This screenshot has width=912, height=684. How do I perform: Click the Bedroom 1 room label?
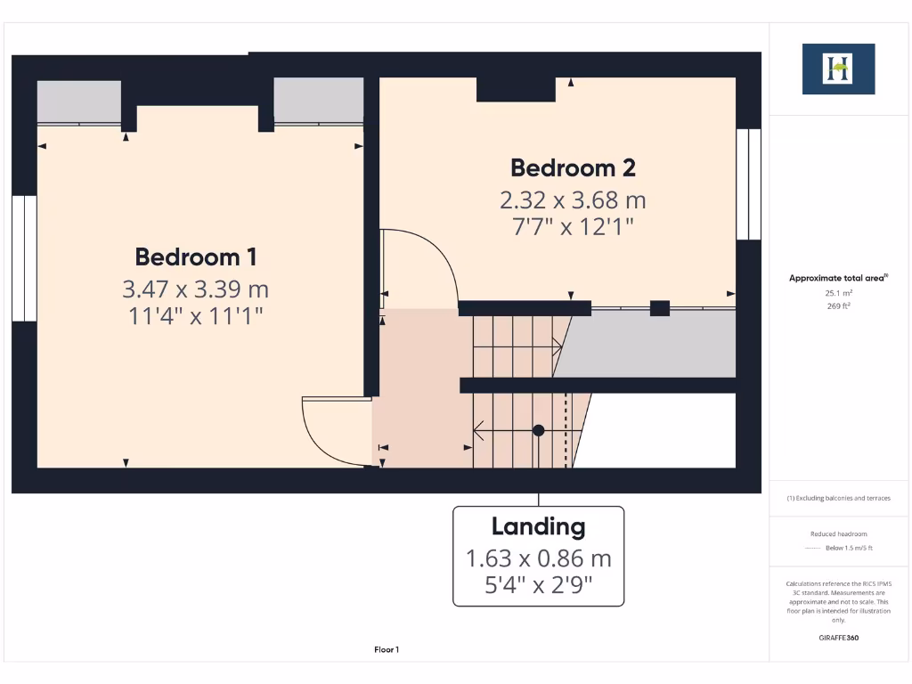196,256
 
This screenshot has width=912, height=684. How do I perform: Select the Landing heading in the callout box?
538,526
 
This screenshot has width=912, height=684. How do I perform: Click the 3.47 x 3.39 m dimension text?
196,289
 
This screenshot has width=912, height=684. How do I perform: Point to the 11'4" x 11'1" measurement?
196,315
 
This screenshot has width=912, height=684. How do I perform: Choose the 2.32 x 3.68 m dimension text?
573,199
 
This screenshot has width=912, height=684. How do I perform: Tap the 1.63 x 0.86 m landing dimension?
538,558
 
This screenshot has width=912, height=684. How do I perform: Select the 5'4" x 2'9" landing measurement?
538,585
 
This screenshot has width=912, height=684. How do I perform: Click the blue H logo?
838,69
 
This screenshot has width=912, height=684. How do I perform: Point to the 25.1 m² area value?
838,292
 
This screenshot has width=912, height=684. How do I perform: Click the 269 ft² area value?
838,305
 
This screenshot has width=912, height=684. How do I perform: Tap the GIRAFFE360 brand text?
838,638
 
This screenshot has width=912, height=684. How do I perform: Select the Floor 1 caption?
387,650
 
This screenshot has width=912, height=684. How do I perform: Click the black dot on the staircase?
538,430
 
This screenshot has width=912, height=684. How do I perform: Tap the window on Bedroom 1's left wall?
24,258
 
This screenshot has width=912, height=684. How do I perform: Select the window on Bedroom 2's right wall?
749,184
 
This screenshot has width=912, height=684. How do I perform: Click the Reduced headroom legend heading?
838,533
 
